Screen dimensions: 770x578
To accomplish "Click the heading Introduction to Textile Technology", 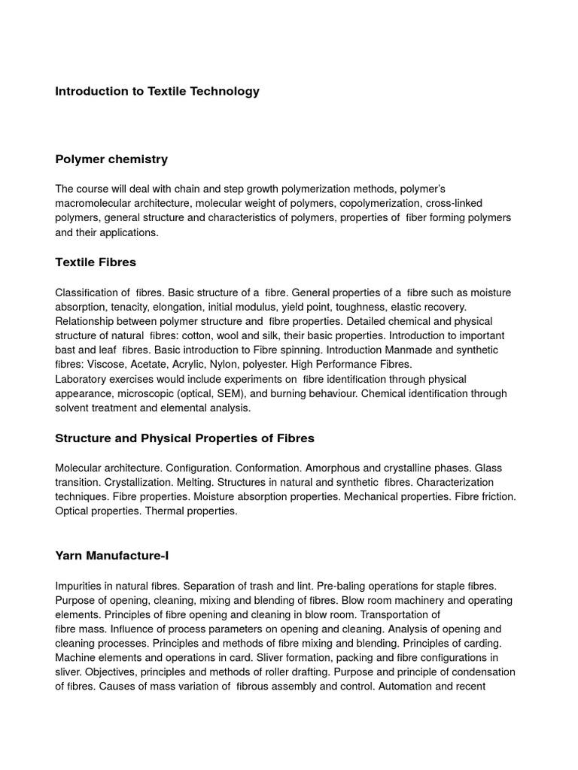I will (x=157, y=91).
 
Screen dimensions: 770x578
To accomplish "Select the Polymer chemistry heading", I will (x=111, y=159).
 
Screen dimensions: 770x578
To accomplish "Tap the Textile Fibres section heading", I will (x=96, y=262).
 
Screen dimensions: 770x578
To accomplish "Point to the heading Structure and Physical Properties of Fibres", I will (x=185, y=438).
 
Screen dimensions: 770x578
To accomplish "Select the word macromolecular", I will (x=93, y=203).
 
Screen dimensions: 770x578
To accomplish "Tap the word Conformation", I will (x=275, y=467).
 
